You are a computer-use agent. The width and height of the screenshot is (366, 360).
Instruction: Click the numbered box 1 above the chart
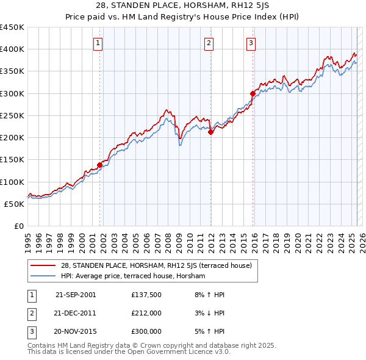pyautogui.click(x=98, y=43)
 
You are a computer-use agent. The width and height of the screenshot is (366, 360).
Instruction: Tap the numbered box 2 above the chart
pyautogui.click(x=209, y=43)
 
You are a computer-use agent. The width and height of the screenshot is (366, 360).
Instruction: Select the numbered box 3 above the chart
pyautogui.click(x=251, y=43)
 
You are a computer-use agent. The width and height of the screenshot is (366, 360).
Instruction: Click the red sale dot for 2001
pyautogui.click(x=99, y=165)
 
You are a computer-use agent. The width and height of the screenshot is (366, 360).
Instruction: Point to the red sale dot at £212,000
pyautogui.click(x=210, y=132)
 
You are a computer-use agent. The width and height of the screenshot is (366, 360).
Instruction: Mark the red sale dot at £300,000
pyautogui.click(x=252, y=93)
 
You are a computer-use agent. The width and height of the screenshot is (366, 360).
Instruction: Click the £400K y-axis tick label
pyautogui.click(x=12, y=49)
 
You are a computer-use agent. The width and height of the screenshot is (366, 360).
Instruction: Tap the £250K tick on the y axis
pyautogui.click(x=12, y=115)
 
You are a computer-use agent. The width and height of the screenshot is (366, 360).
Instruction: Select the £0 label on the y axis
pyautogui.click(x=20, y=226)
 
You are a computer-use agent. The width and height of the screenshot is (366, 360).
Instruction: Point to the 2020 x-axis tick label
pyautogui.click(x=298, y=239)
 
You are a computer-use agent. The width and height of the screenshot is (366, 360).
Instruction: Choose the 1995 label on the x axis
pyautogui.click(x=28, y=239)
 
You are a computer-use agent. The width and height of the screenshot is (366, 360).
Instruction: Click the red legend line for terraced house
pyautogui.click(x=44, y=265)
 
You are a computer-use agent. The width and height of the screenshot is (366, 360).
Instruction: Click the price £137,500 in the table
pyautogui.click(x=146, y=295)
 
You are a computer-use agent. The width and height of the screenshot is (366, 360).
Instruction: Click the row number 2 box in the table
pyautogui.click(x=31, y=313)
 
